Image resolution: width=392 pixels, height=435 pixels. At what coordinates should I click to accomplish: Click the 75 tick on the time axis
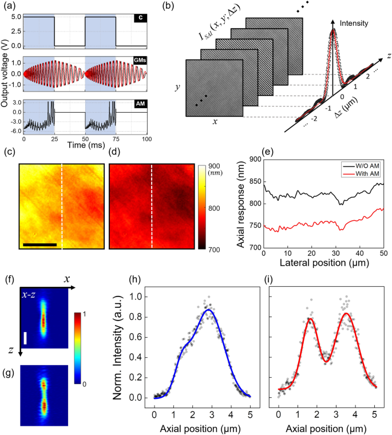pyautogui.click(x=116, y=139)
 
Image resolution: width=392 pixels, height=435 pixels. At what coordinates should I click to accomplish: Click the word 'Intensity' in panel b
pyautogui.click(x=352, y=24)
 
